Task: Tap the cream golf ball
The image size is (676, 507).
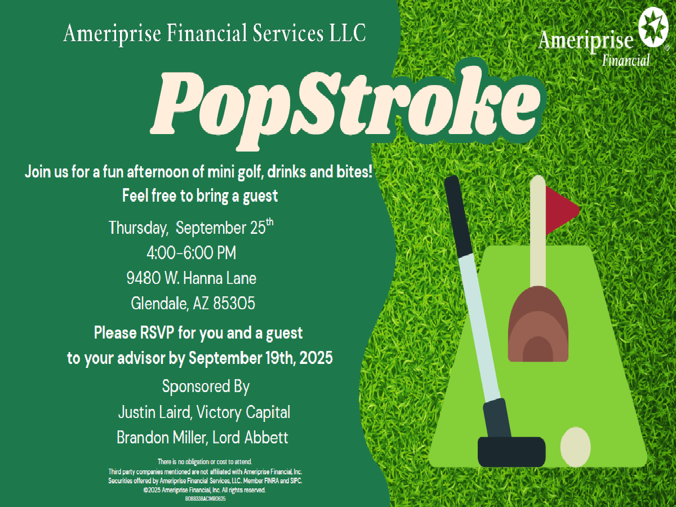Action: coord(575,447)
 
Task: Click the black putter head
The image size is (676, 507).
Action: coord(512,452)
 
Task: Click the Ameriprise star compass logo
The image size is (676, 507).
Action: coord(653,27)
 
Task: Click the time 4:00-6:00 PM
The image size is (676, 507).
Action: coord(191,253)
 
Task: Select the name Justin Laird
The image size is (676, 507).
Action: coord(154,412)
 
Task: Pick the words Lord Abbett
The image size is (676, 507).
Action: coord(250,438)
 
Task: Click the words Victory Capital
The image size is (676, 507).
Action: coord(243,412)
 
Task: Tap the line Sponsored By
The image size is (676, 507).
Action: coord(206,386)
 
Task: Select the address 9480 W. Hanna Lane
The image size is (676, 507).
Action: coord(191,278)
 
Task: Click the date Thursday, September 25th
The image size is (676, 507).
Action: coord(191,227)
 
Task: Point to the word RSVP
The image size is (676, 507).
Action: coord(157,333)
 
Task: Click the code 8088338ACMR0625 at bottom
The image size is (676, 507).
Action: coord(206,499)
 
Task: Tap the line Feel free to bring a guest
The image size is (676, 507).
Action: coord(200,196)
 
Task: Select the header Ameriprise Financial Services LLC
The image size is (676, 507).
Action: coord(215,33)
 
